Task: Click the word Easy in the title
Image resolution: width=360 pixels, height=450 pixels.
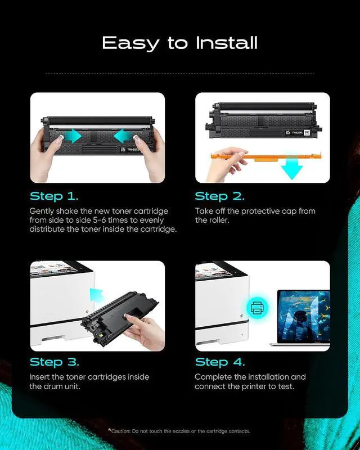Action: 130,43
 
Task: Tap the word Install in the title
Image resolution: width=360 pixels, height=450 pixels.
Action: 227,43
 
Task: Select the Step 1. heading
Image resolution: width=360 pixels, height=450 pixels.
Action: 54,196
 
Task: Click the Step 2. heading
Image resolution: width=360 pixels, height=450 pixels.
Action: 219,196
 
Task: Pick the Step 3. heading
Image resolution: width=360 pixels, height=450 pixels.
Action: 54,362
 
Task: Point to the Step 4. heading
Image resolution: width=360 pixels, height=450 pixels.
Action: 220,362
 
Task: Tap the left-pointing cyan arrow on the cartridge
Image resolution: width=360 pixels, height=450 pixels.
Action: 123,136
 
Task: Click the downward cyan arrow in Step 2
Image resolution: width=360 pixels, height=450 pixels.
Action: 292,168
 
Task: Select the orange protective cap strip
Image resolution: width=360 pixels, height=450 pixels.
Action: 266,156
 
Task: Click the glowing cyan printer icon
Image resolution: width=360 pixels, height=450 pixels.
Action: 257,308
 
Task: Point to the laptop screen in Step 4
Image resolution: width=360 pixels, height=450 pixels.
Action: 304,316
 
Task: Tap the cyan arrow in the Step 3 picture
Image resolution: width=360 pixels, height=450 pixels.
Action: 96,295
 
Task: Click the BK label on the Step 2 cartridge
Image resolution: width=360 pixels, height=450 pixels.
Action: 307,133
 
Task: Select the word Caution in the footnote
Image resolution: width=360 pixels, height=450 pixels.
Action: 120,431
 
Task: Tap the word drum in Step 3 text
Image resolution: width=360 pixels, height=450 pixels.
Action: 53,386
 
